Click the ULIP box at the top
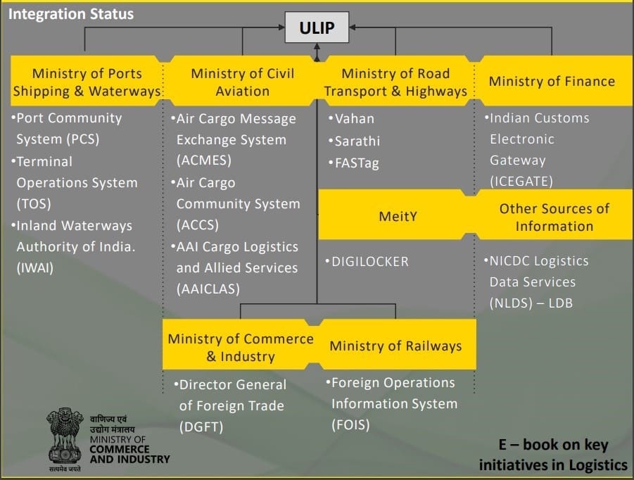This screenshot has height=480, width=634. pyautogui.click(x=317, y=29)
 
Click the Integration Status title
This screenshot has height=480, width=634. pyautogui.click(x=70, y=13)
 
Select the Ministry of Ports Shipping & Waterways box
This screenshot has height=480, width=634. pyautogui.click(x=87, y=82)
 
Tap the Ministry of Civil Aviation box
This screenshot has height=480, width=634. pyautogui.click(x=242, y=82)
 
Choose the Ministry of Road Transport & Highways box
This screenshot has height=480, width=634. pyautogui.click(x=395, y=82)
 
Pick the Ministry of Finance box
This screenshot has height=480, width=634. pyautogui.click(x=552, y=82)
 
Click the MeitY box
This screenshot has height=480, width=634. pyautogui.click(x=398, y=216)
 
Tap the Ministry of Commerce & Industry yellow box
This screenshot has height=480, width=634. pyautogui.click(x=240, y=347)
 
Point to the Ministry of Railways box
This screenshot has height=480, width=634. pyautogui.click(x=395, y=346)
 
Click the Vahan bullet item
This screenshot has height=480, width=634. pyautogui.click(x=354, y=119)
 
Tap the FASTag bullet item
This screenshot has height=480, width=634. pyautogui.click(x=356, y=163)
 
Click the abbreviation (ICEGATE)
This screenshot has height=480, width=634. pyautogui.click(x=521, y=182)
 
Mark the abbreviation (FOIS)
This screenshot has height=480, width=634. pyautogui.click(x=350, y=424)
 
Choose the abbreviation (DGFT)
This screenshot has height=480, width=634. pyautogui.click(x=200, y=427)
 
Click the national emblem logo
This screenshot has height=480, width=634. pyautogui.click(x=65, y=437)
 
